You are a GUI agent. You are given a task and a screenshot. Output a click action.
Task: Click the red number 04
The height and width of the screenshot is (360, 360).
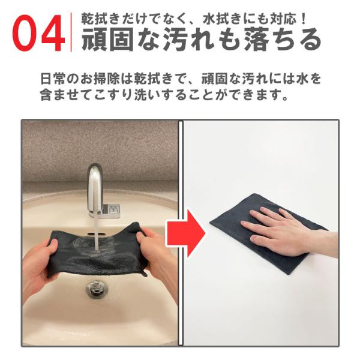coord(38,33)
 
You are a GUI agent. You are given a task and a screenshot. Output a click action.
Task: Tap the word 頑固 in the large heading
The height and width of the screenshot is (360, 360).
coord(108,39)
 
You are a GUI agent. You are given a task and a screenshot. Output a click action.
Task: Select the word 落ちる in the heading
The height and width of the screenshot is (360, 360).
coord(283,39)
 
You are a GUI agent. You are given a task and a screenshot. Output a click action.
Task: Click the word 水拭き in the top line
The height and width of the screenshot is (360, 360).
coord(226,19)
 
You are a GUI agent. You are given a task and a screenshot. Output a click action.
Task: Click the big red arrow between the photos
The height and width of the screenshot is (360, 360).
coord(186,233)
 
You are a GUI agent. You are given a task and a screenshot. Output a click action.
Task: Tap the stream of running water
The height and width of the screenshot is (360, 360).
coord(97,232)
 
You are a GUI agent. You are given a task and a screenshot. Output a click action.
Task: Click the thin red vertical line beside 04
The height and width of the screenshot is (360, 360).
coord(71,32)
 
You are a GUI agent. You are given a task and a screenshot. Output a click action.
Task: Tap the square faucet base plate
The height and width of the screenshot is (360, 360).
coord(111,211)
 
